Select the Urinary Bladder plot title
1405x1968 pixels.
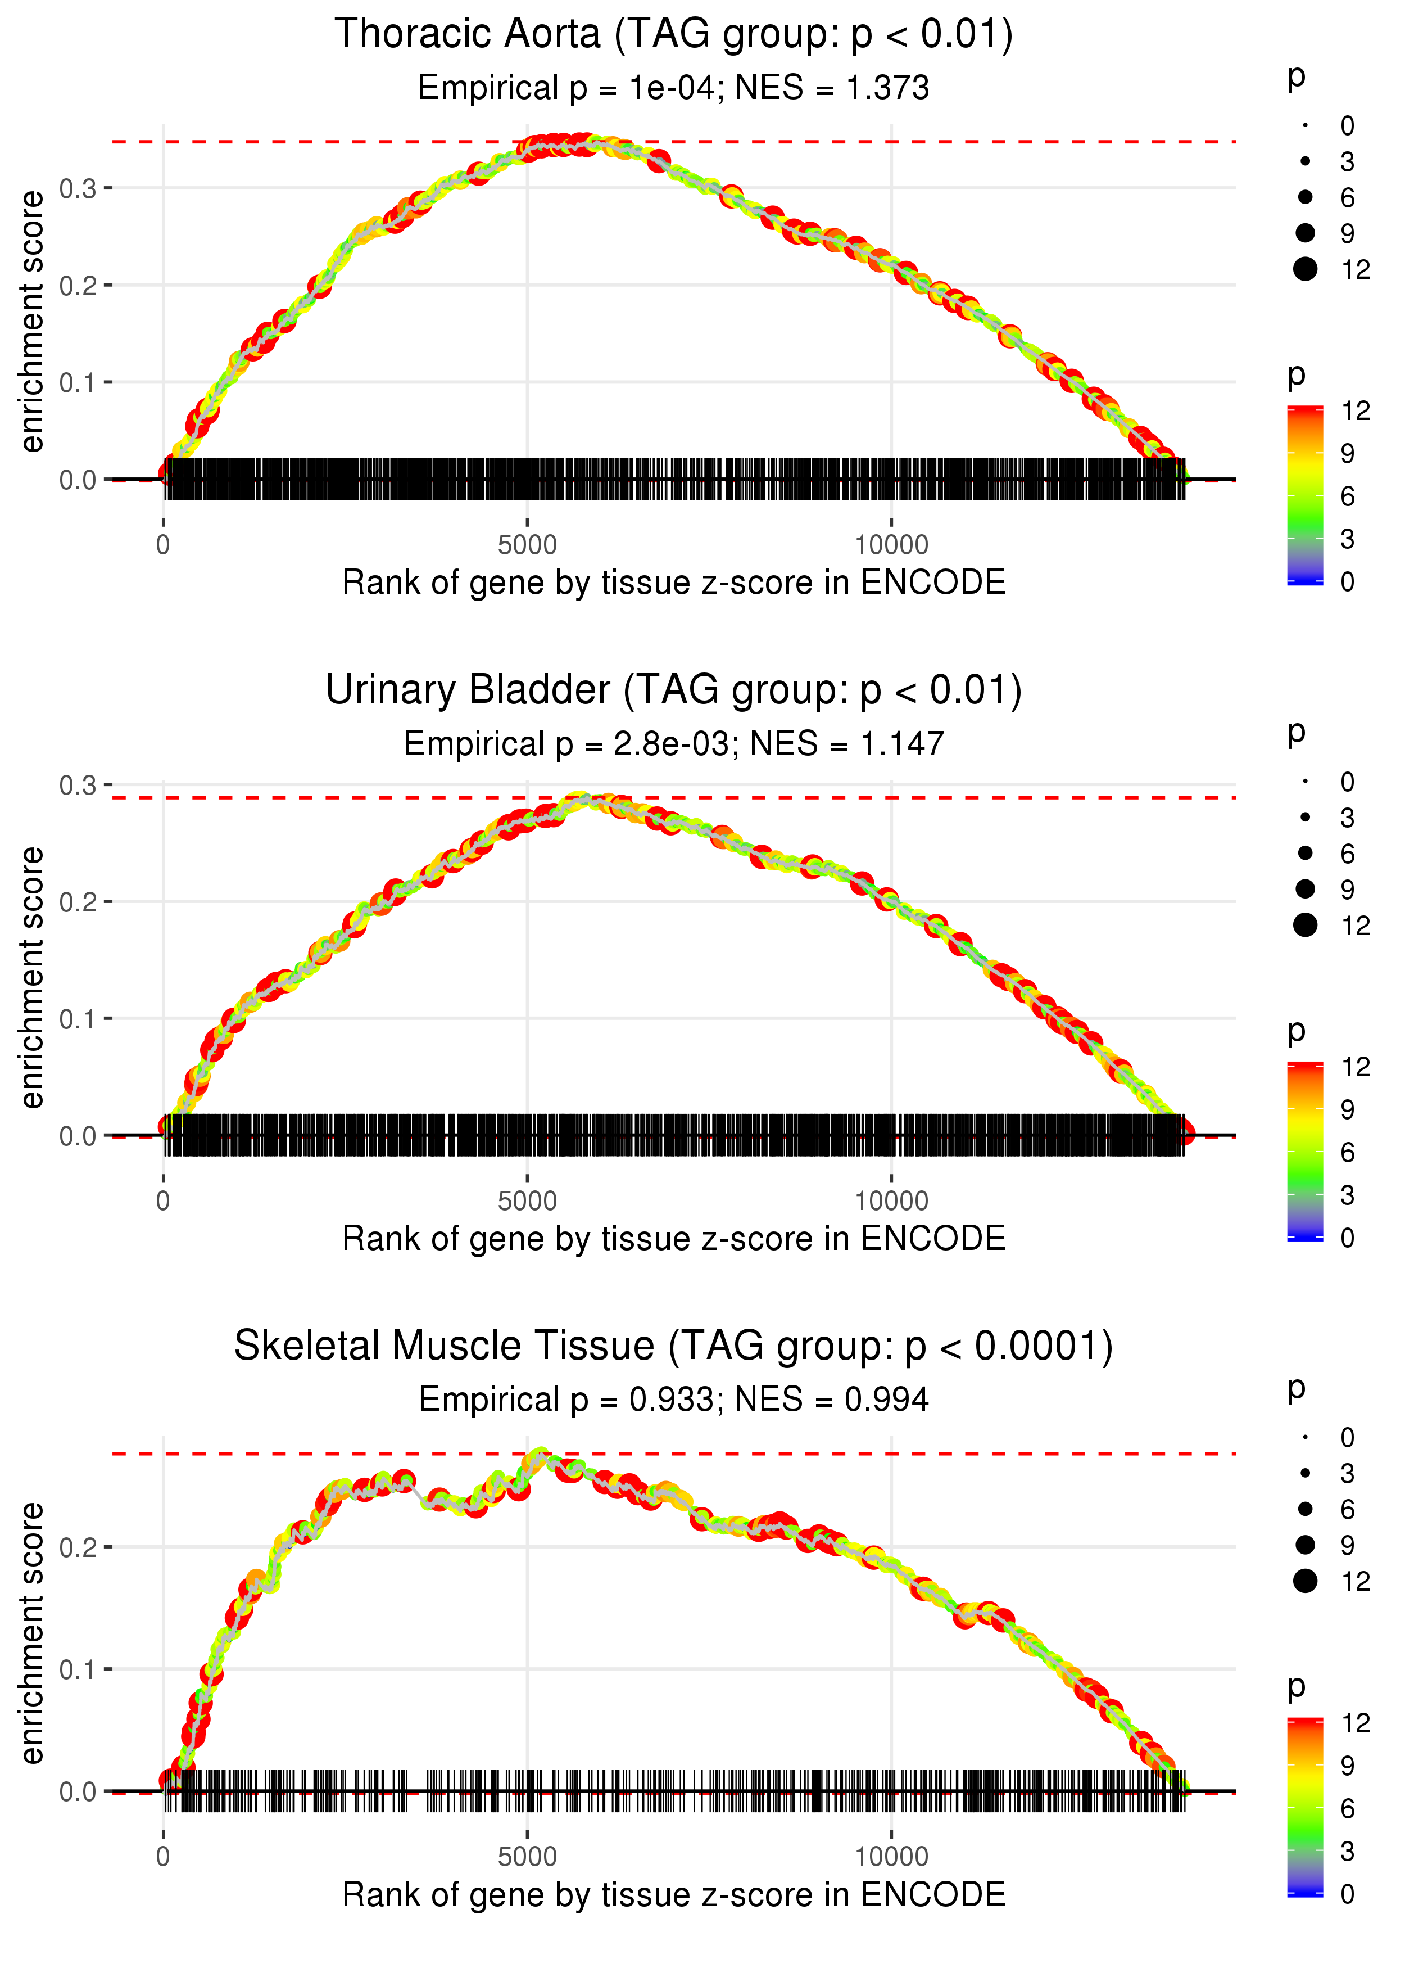(673, 690)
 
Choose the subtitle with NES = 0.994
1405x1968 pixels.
(673, 1400)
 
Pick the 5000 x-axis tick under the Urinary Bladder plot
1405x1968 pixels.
(527, 1201)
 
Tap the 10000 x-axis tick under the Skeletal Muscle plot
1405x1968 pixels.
(891, 1857)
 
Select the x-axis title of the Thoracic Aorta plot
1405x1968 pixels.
(673, 583)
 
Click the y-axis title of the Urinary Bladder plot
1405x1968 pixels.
(32, 978)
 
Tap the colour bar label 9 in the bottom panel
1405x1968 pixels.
(1347, 1766)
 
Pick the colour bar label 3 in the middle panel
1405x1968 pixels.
(1347, 1195)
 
